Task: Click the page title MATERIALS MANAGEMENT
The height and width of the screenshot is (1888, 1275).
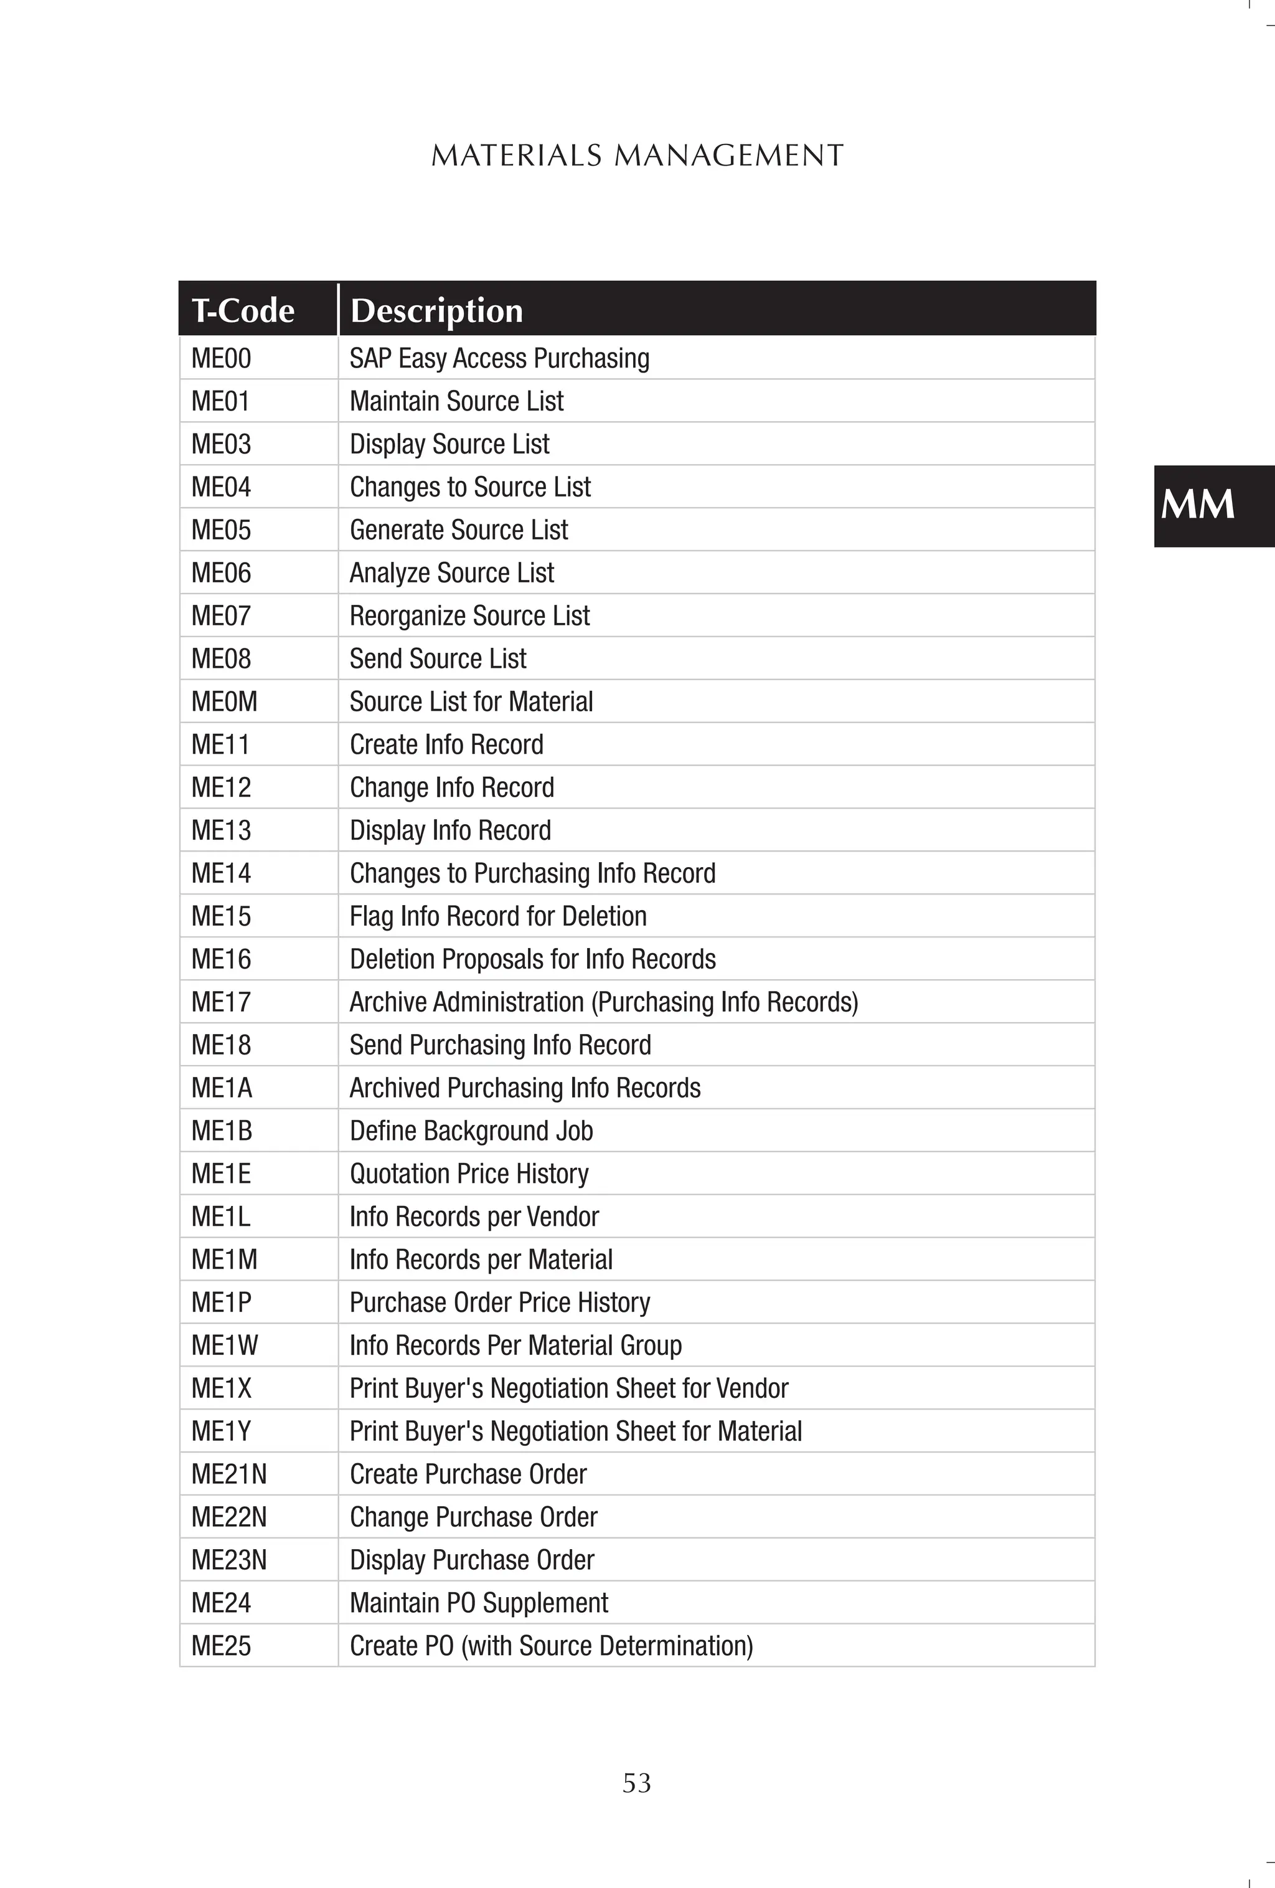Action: click(x=637, y=155)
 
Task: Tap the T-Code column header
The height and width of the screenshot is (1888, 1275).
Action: click(x=243, y=310)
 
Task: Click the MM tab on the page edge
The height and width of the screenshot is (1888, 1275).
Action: click(x=1198, y=505)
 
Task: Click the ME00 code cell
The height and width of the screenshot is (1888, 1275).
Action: click(x=221, y=358)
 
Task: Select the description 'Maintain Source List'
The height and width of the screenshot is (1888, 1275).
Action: click(x=456, y=401)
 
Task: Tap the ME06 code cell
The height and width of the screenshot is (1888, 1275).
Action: click(x=221, y=572)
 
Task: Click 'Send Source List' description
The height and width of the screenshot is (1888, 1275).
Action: click(x=438, y=659)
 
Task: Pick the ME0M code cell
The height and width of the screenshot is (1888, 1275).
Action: click(x=224, y=702)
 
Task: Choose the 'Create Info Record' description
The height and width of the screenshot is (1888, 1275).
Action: click(x=446, y=745)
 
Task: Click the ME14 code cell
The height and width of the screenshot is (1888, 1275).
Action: click(x=221, y=873)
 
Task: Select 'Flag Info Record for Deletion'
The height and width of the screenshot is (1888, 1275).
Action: click(x=498, y=916)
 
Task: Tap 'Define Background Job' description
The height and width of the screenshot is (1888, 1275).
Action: click(x=471, y=1131)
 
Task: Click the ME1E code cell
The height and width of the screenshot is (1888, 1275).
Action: click(x=221, y=1174)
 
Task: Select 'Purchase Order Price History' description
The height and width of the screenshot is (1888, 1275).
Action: click(x=499, y=1302)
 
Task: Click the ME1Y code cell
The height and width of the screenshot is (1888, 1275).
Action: click(x=221, y=1431)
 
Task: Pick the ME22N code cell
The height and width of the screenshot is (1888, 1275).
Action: click(x=229, y=1517)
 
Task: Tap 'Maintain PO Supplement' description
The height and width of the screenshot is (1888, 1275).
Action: click(x=478, y=1603)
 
